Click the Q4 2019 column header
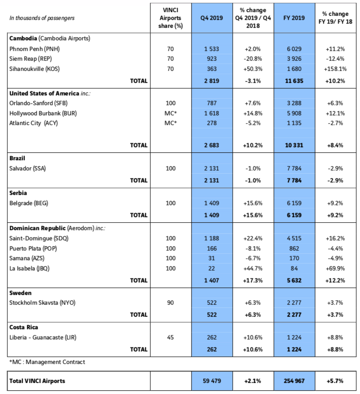pyautogui.click(x=211, y=18)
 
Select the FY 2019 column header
pyautogui.click(x=294, y=18)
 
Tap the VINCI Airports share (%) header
pyautogui.click(x=171, y=18)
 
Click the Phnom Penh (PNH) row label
pyautogui.click(x=34, y=49)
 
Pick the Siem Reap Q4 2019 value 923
pyautogui.click(x=211, y=59)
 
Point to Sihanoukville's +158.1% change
pyautogui.click(x=335, y=69)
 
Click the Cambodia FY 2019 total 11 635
pyautogui.click(x=294, y=81)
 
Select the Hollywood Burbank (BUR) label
pyautogui.click(x=43, y=113)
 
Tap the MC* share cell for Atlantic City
pyautogui.click(x=171, y=123)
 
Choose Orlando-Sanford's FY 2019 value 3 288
pyautogui.click(x=294, y=103)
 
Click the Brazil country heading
pyautogui.click(x=17, y=158)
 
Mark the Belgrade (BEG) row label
pyautogui.click(x=29, y=203)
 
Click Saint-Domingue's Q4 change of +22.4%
pyautogui.click(x=253, y=238)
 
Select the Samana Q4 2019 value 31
pyautogui.click(x=211, y=258)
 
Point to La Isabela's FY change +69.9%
pyautogui.click(x=335, y=269)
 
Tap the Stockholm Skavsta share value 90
pyautogui.click(x=170, y=302)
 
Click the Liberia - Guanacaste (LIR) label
pyautogui.click(x=43, y=337)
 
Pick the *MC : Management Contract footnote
pyautogui.click(x=47, y=362)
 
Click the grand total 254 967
pyautogui.click(x=294, y=381)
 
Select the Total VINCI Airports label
pyautogui.click(x=37, y=381)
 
